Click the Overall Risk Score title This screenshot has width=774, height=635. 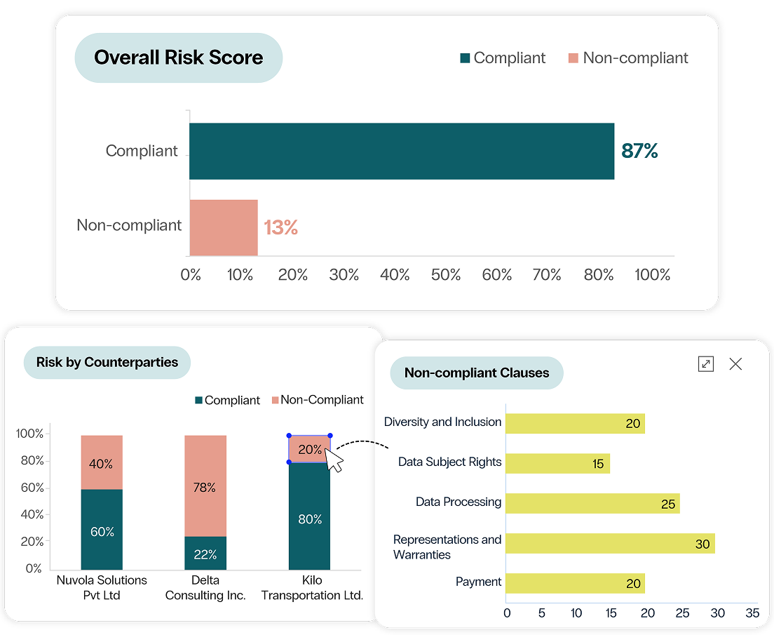[x=178, y=58]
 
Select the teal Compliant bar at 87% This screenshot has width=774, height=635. [x=401, y=151]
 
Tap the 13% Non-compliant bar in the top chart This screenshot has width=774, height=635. [x=224, y=227]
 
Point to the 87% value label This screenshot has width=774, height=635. [x=639, y=151]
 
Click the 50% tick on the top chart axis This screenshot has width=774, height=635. [x=446, y=275]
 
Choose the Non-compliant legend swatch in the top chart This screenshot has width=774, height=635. [x=573, y=58]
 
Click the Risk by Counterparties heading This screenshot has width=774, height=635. [x=107, y=362]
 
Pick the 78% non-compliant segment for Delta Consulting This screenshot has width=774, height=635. [x=205, y=486]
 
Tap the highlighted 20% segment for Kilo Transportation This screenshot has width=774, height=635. [x=309, y=449]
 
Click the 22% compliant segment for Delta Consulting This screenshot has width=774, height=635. [x=205, y=553]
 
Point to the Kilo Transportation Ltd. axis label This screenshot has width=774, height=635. [x=311, y=588]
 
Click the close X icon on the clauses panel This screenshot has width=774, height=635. [x=735, y=363]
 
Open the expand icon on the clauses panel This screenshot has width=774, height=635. [x=705, y=363]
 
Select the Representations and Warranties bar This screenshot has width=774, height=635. [x=609, y=544]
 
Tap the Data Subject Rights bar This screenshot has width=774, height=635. [x=557, y=464]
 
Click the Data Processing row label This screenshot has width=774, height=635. [x=459, y=502]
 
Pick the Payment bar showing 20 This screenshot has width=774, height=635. [x=574, y=583]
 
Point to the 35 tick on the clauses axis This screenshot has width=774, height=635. [x=752, y=613]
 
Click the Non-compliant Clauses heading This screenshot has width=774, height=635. [x=477, y=373]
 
